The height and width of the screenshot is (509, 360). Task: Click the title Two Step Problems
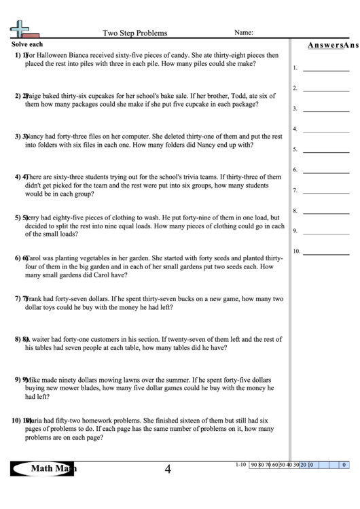point(134,33)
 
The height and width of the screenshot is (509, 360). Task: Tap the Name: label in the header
point(244,32)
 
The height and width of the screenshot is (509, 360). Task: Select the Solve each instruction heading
point(28,44)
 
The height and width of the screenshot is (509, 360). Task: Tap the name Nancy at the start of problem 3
point(35,136)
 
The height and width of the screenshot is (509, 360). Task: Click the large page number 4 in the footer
point(167,469)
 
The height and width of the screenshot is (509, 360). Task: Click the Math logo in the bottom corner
point(46,468)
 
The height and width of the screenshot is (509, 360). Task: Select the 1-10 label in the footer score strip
point(240,465)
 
